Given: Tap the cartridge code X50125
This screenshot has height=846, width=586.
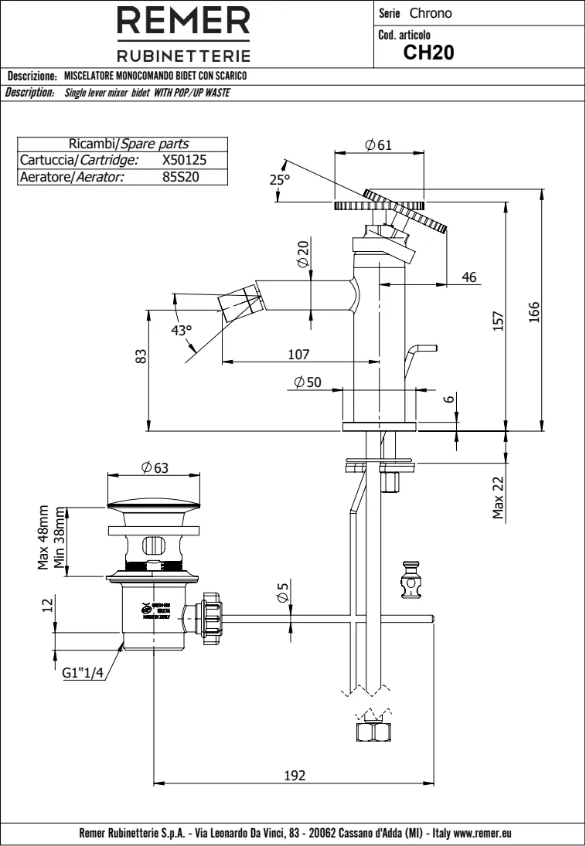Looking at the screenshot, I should pos(184,160).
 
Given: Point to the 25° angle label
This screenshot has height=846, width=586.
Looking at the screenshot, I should pos(279,179).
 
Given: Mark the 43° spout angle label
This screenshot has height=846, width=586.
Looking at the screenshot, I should pos(182,331).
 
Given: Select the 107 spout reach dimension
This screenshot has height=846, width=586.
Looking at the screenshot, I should pos(298,354).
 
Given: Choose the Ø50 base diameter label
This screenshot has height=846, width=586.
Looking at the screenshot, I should pos(308,383).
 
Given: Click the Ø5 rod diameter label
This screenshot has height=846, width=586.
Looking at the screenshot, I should pos(283,594).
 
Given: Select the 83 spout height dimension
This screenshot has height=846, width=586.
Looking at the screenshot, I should pos(141,358).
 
